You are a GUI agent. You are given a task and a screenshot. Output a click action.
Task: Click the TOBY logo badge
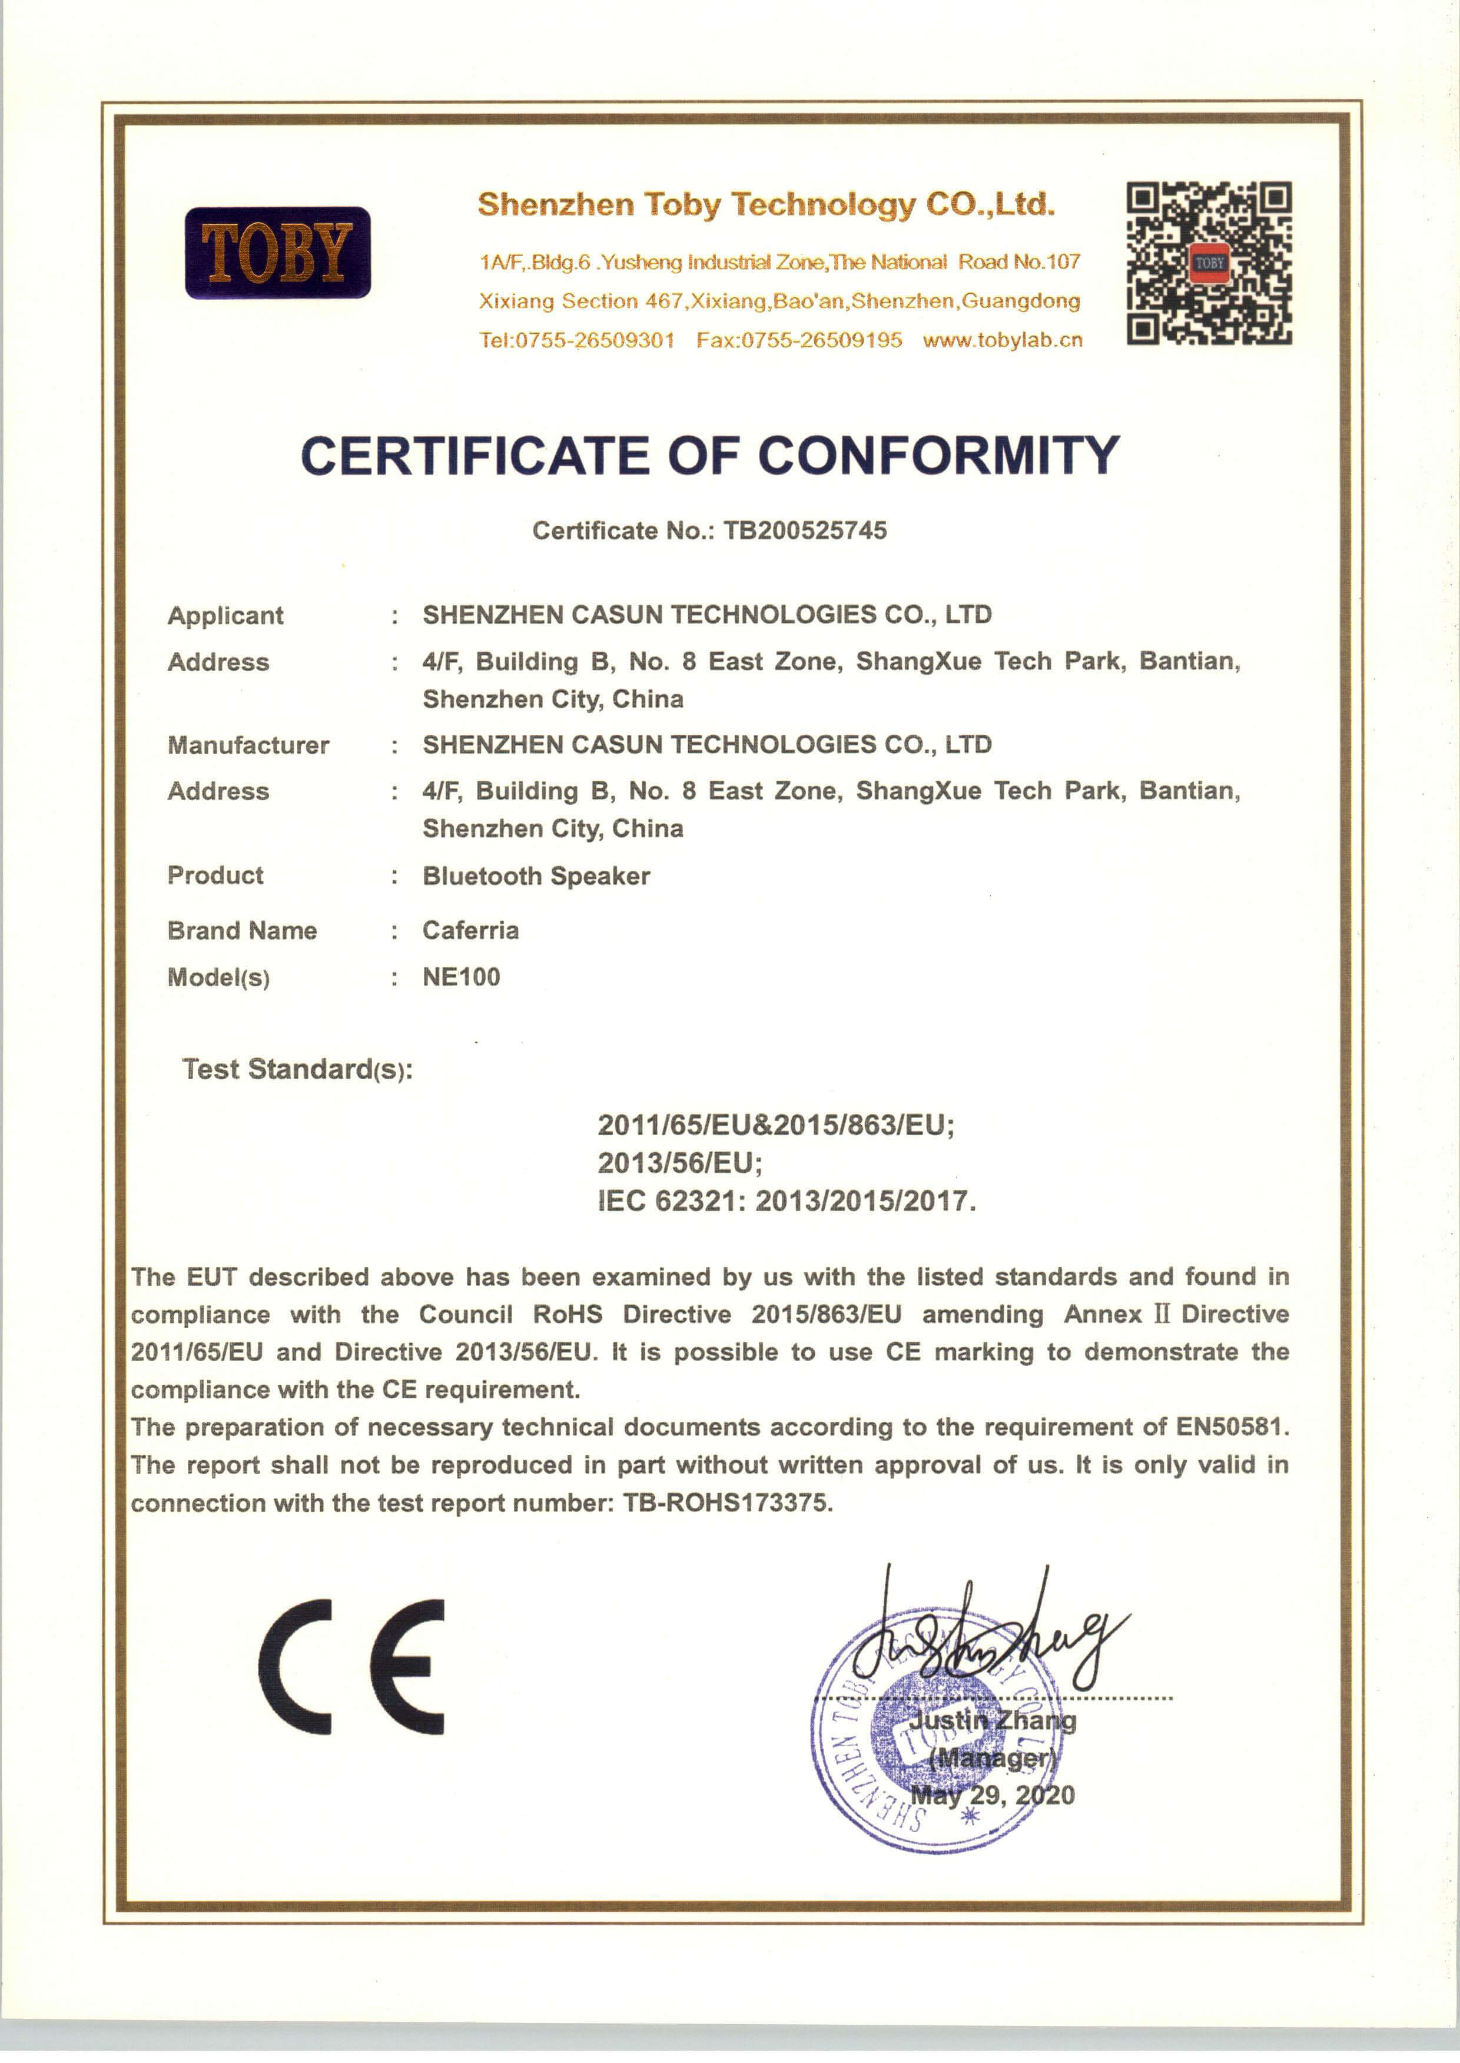[278, 253]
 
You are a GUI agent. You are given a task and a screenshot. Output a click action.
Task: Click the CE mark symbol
[351, 1667]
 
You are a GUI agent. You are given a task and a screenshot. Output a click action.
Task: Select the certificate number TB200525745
[805, 530]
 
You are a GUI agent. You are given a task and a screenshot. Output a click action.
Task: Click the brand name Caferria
[470, 930]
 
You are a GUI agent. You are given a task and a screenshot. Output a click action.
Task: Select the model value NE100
[461, 977]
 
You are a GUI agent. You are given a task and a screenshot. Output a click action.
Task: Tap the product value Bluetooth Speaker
[536, 877]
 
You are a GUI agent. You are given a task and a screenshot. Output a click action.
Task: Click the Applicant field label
[225, 616]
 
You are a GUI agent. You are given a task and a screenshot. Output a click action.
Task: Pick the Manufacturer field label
[248, 745]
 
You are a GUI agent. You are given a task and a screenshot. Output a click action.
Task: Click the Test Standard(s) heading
[297, 1070]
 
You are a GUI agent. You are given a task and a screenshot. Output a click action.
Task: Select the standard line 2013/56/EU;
[679, 1163]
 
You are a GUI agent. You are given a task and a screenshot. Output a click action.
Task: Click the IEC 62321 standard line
[786, 1201]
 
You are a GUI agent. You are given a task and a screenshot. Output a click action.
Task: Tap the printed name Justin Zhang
[993, 1720]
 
